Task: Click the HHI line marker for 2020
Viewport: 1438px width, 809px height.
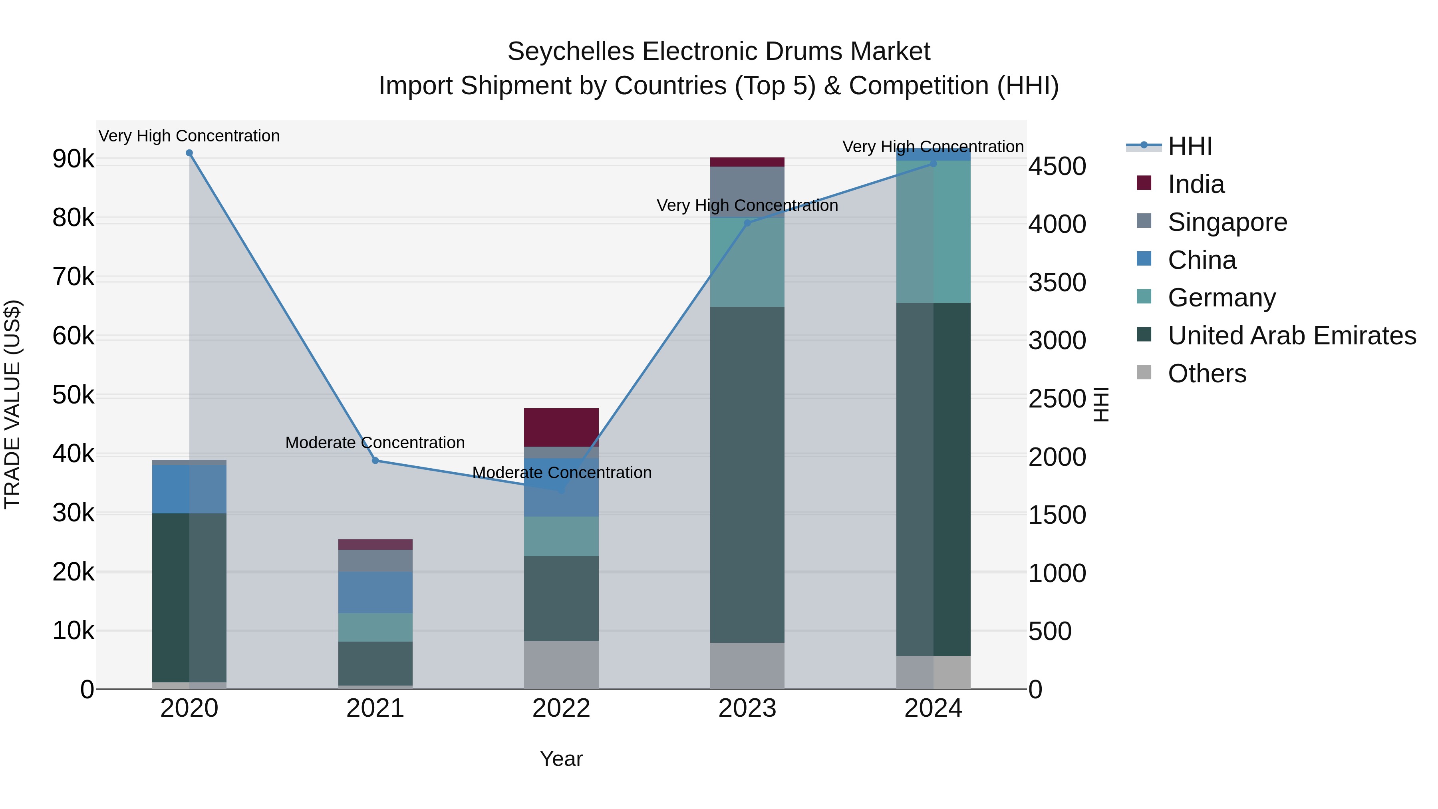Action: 189,153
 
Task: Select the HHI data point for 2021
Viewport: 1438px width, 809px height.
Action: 375,461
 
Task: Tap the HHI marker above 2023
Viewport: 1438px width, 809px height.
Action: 747,223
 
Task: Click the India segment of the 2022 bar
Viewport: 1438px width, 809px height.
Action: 561,427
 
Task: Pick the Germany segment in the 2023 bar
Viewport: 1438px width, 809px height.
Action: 747,262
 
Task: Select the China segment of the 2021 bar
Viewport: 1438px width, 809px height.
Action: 375,592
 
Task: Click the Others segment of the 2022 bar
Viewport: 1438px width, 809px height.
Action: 561,664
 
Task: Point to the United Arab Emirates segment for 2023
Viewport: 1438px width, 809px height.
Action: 747,475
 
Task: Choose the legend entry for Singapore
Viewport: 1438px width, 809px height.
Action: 1227,222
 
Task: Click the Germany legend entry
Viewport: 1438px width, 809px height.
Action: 1222,298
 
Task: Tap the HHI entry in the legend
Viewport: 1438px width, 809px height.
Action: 1190,146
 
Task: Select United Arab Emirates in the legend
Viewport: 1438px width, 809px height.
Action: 1291,336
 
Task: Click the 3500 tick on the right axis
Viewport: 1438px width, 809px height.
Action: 1057,282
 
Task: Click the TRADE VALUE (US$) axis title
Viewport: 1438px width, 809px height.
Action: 12,404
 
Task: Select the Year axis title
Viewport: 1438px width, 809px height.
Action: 561,759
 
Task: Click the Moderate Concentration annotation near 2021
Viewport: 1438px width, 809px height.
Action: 375,443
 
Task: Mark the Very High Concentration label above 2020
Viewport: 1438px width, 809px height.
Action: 189,136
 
